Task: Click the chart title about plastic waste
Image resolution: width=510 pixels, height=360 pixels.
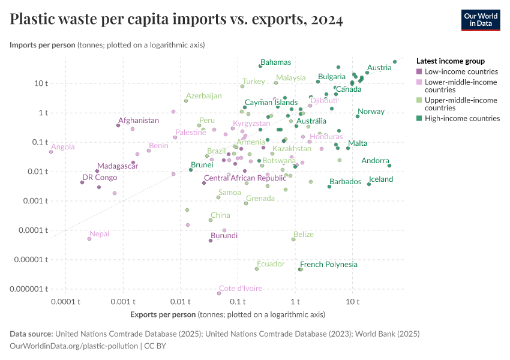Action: tap(176, 19)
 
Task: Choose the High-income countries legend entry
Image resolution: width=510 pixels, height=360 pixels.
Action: tap(462, 118)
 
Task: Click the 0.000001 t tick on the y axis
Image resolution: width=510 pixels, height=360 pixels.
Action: tap(29, 289)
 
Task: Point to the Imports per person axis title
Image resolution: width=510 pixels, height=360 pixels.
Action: tap(43, 45)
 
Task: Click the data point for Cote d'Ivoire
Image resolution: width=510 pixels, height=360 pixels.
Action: tap(219, 293)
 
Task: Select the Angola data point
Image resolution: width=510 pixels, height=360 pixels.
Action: tap(51, 152)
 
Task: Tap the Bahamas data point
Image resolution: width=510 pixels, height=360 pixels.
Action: tap(260, 66)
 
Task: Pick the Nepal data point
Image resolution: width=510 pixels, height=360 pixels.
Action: tap(89, 239)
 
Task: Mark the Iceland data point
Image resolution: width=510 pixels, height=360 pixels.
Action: tap(369, 184)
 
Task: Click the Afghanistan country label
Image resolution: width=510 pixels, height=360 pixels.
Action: tap(139, 121)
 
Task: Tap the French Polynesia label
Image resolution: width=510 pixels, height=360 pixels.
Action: tap(329, 265)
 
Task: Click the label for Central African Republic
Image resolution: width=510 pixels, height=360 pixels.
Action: tap(245, 178)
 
